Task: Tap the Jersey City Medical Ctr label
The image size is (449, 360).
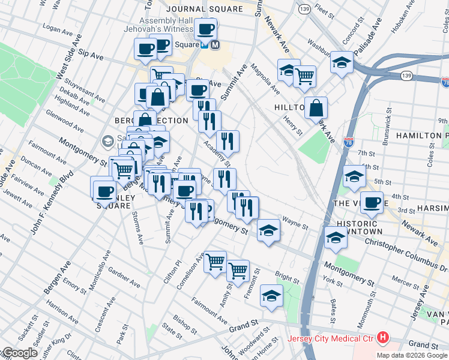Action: point(331,338)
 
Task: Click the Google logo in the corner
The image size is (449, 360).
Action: point(19,353)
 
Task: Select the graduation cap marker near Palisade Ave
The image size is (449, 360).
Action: point(342,62)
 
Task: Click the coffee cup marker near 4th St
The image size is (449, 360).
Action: point(372,202)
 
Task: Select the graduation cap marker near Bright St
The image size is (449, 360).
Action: point(271,296)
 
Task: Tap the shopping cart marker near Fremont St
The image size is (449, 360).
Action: point(238,271)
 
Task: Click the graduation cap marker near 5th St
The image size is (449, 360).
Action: point(354,176)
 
